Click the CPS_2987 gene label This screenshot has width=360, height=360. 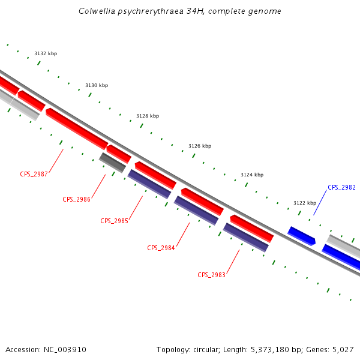click(x=34, y=174)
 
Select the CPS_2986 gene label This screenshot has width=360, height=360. click(x=76, y=199)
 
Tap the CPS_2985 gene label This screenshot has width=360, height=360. click(x=114, y=221)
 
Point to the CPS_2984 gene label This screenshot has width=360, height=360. click(x=161, y=248)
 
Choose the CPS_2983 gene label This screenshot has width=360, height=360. click(x=211, y=275)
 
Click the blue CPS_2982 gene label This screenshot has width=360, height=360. click(x=341, y=187)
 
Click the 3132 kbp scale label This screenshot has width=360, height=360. click(x=46, y=54)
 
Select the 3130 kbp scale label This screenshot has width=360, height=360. click(x=97, y=85)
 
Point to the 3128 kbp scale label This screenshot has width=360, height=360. click(x=148, y=116)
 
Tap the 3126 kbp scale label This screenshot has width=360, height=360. click(x=200, y=146)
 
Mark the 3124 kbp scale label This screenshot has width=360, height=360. click(x=252, y=175)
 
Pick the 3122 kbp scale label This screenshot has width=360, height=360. click(x=304, y=203)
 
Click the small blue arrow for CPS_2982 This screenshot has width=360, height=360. click(x=302, y=236)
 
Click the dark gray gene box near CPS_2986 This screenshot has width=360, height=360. click(x=113, y=162)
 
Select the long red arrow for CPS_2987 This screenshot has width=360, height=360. click(x=76, y=128)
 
